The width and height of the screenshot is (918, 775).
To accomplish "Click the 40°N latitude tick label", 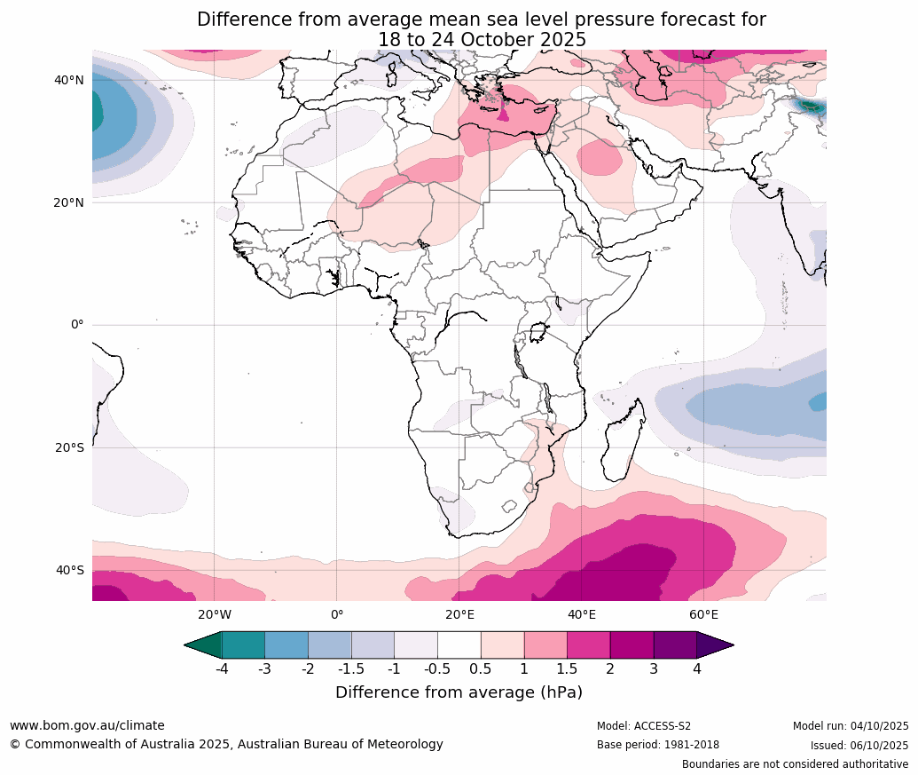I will (68, 80).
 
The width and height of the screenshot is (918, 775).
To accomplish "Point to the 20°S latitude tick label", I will (68, 447).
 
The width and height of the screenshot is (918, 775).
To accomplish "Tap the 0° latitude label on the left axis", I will (77, 325).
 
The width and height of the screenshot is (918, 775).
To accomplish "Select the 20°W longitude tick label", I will (215, 614).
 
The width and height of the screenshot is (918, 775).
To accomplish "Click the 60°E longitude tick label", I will (703, 614).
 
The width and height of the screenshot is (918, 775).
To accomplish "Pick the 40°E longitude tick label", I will (582, 614).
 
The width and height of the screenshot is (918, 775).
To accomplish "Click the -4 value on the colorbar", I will (222, 669).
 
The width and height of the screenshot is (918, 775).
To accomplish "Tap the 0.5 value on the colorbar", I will (481, 669).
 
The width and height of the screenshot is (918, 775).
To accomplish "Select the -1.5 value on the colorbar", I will (351, 669).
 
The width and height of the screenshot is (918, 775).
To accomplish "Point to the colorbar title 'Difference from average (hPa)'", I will (459, 692).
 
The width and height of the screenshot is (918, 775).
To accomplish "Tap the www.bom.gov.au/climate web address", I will (87, 725).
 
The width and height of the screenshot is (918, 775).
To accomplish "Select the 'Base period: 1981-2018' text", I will (658, 745).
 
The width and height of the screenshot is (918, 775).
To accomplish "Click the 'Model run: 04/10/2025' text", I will (851, 726).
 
